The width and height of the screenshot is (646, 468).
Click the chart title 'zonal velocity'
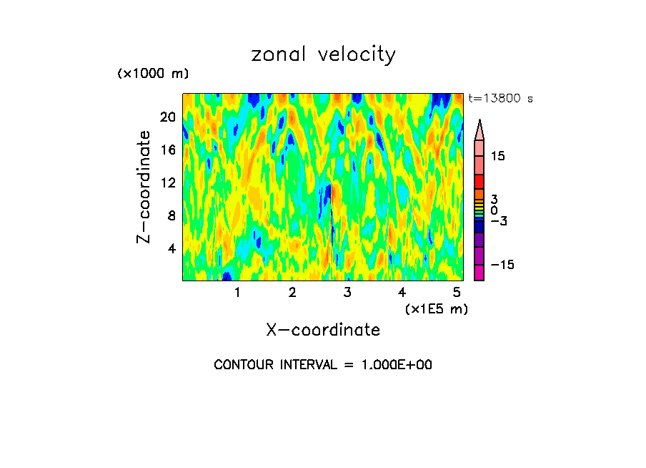point(323,54)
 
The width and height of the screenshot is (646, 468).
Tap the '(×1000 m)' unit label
point(152,74)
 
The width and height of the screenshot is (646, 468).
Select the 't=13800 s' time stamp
point(500,99)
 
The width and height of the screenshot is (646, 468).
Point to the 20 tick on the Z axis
point(167,117)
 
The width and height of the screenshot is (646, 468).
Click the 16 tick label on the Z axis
point(167,150)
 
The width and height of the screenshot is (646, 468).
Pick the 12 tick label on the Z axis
point(167,182)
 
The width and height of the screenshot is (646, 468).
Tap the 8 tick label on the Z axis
point(171,215)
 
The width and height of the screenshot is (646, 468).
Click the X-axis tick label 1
point(237,293)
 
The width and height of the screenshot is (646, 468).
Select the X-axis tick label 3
point(347,293)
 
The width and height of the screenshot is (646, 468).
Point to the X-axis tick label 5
point(457,293)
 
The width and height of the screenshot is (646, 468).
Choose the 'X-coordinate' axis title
point(323,330)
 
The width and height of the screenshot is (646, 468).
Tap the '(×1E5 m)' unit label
point(436,309)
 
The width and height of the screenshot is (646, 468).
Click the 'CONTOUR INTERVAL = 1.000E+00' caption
point(323,365)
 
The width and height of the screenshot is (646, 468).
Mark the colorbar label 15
point(497,156)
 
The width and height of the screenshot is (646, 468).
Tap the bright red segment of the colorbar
point(479,182)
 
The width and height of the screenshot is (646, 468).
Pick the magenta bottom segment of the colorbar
point(479,273)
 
